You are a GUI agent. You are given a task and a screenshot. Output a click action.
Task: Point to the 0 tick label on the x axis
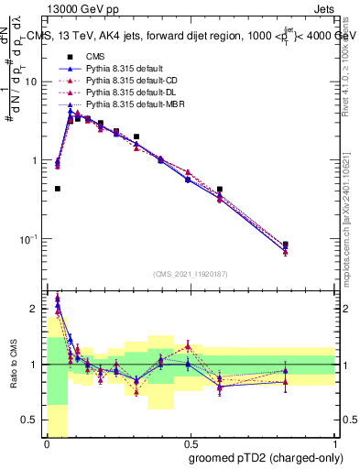click(x=46, y=442)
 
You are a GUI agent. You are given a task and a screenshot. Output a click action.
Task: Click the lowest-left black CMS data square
click(x=57, y=189)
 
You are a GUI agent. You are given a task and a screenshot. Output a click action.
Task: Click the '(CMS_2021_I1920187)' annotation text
click(x=191, y=274)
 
